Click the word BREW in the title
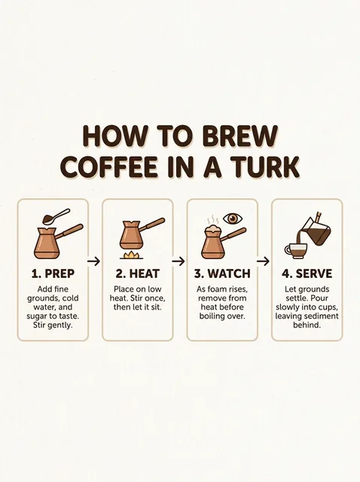240,136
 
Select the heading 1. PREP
53,273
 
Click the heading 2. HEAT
137,273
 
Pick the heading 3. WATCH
222,273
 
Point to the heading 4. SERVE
307,273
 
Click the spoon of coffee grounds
56,216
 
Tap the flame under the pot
131,255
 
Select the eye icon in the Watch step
233,218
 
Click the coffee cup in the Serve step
296,251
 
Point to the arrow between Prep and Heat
94,261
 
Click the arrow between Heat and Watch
178,261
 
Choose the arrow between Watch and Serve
263,261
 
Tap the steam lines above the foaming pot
212,220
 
